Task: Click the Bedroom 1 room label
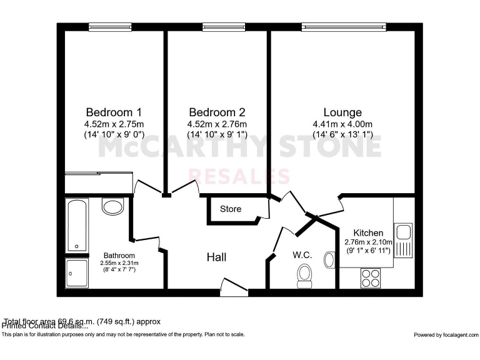point(114,112)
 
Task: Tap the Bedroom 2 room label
point(217,112)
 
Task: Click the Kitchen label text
point(368,232)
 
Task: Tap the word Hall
point(217,257)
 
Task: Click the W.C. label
point(302,255)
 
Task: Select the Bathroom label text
point(119,255)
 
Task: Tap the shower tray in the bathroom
point(76,273)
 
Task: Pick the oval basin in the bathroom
point(113,206)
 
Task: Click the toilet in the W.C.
point(305,275)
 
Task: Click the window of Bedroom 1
point(110,26)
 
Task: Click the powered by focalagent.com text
point(445,334)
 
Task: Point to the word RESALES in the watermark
point(239,176)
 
